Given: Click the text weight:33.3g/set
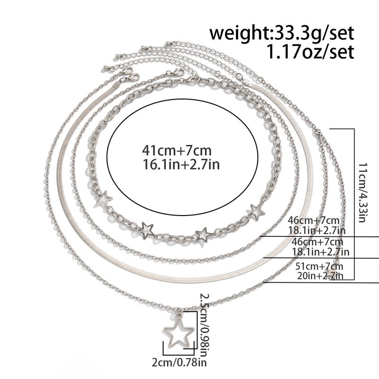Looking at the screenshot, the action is (x=281, y=33).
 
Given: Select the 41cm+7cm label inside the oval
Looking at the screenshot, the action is (x=177, y=150).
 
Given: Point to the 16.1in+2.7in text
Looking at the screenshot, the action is (x=181, y=164).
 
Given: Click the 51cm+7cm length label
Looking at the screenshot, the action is (x=319, y=266).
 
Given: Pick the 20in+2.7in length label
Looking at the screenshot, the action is (x=320, y=276).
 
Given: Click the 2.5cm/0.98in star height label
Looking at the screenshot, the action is (x=205, y=323).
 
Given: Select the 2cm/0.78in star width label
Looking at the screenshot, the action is (x=179, y=362).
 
